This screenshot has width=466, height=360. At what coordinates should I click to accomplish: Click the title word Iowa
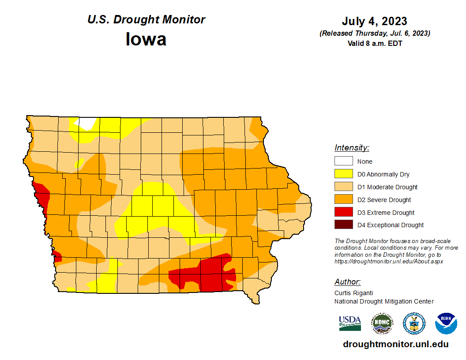[x=146, y=39]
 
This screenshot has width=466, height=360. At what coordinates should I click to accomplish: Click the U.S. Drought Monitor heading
[x=146, y=20]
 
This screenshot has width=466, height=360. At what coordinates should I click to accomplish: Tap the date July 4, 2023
[x=374, y=21]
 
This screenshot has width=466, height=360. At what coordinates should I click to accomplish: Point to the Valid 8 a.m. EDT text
[x=375, y=43]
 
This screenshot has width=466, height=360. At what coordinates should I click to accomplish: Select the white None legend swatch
[x=343, y=161]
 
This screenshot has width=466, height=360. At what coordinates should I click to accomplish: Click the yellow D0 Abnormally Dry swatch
[x=343, y=174]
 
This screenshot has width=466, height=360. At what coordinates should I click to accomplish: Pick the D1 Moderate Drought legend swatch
[x=343, y=187]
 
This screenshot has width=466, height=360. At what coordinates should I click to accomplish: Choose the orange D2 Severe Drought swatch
[x=343, y=199]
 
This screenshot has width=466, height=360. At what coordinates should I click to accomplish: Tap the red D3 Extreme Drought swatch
[x=343, y=212]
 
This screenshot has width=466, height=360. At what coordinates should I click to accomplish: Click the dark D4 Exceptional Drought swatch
[x=343, y=225]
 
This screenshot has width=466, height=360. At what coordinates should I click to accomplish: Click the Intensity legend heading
[x=352, y=148]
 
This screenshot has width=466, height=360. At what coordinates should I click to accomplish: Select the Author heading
[x=347, y=282]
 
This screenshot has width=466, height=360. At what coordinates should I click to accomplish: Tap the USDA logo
[x=350, y=323]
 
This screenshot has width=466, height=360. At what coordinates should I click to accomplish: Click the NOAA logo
[x=446, y=323]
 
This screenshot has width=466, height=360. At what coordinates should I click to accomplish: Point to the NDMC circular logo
[x=382, y=323]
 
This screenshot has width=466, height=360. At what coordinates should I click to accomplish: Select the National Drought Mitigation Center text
[x=384, y=301]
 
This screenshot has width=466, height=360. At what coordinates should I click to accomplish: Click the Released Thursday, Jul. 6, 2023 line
[x=375, y=34]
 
